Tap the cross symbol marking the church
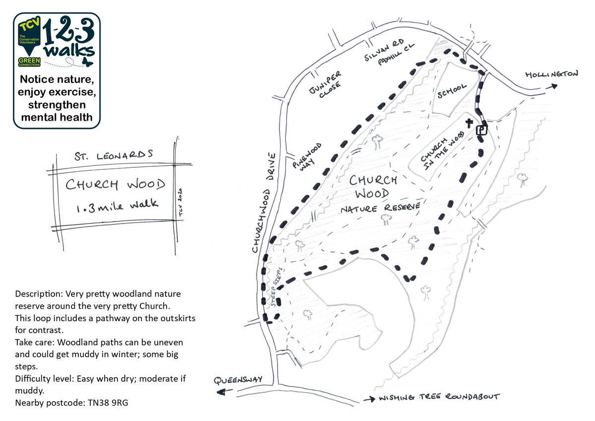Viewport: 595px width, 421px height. click(469, 123)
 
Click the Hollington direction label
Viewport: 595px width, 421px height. click(551, 74)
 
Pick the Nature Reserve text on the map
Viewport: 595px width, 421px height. click(380, 209)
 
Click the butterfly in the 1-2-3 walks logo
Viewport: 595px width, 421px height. click(87, 62)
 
